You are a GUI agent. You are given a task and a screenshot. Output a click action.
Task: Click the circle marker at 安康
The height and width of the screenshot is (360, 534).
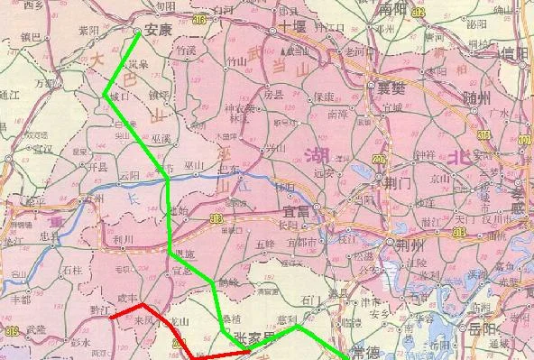pos(136,31)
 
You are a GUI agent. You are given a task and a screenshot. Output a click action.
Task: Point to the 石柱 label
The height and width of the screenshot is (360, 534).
pos(73,269)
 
